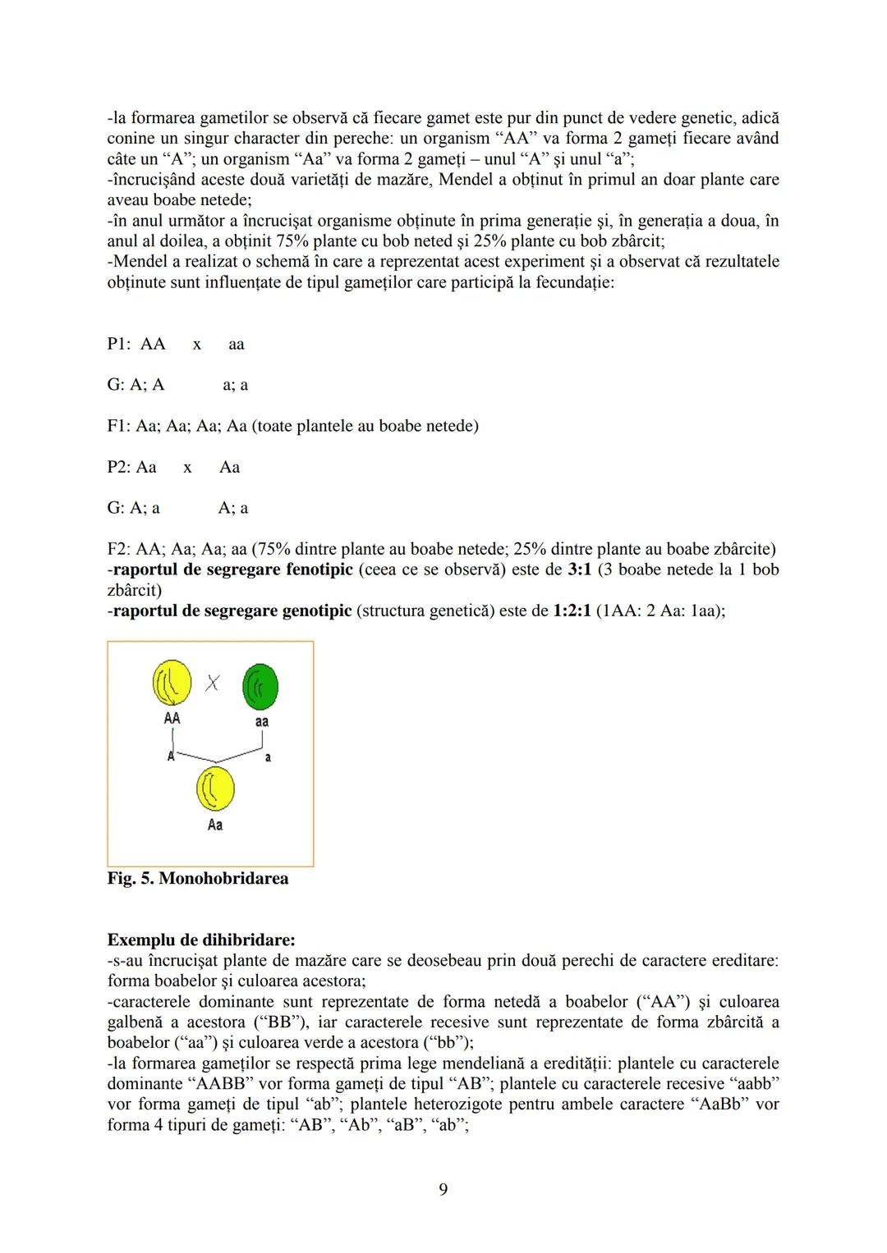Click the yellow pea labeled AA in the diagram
(x=172, y=683)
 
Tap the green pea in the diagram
(x=260, y=687)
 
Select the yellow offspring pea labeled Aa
(x=215, y=789)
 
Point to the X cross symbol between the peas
(x=213, y=683)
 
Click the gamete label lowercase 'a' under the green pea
(x=268, y=757)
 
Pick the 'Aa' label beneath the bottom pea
(x=215, y=825)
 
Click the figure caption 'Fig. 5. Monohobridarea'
(x=198, y=879)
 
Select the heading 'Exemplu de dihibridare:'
(x=201, y=940)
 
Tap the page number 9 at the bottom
(x=443, y=1189)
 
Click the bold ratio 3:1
(x=579, y=569)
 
